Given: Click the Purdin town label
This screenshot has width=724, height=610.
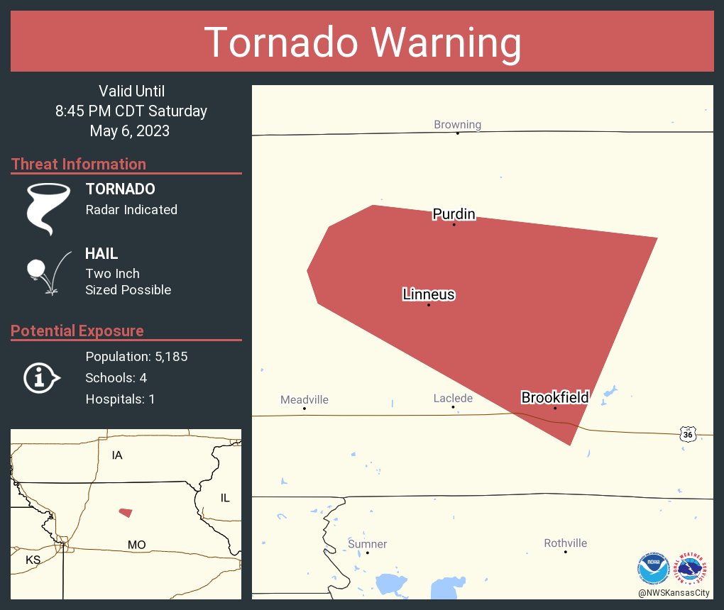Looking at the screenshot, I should pyautogui.click(x=454, y=214).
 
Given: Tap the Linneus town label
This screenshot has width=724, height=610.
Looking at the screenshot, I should pyautogui.click(x=429, y=294).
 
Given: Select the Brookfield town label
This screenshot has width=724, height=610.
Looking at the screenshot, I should pyautogui.click(x=555, y=397).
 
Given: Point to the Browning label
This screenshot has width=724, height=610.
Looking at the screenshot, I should pyautogui.click(x=457, y=125).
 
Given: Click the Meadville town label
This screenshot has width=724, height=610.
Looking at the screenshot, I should pyautogui.click(x=305, y=400).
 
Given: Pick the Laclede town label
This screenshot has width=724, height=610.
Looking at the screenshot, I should pyautogui.click(x=453, y=399).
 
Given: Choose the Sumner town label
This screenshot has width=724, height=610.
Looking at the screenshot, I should pyautogui.click(x=367, y=544).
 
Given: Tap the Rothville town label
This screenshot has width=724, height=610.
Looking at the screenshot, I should pyautogui.click(x=565, y=543).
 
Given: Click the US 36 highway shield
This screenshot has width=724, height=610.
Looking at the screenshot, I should pyautogui.click(x=686, y=433).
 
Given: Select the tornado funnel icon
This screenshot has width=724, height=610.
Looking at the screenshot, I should pyautogui.click(x=48, y=208).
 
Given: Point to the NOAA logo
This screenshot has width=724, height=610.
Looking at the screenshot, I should pyautogui.click(x=653, y=567).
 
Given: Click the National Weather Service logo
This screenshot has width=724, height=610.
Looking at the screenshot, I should pyautogui.click(x=692, y=567).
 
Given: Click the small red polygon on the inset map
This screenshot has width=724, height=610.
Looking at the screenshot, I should pyautogui.click(x=126, y=512).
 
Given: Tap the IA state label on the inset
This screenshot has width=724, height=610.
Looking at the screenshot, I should pyautogui.click(x=117, y=455).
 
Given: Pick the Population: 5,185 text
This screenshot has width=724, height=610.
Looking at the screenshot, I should pyautogui.click(x=136, y=357).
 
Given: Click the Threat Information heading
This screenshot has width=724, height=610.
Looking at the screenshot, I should pyautogui.click(x=79, y=164).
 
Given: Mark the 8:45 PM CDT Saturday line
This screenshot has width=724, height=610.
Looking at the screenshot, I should pyautogui.click(x=131, y=111).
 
